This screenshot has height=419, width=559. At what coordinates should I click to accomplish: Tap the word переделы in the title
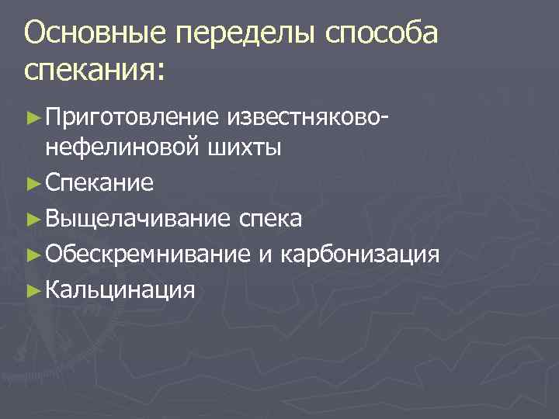pyautogui.click(x=246, y=34)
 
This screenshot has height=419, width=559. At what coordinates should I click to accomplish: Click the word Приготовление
pyautogui.click(x=133, y=118)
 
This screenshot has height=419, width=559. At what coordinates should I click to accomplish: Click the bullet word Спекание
pyautogui.click(x=99, y=183)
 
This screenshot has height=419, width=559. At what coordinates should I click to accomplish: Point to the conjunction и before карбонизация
pyautogui.click(x=266, y=255)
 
